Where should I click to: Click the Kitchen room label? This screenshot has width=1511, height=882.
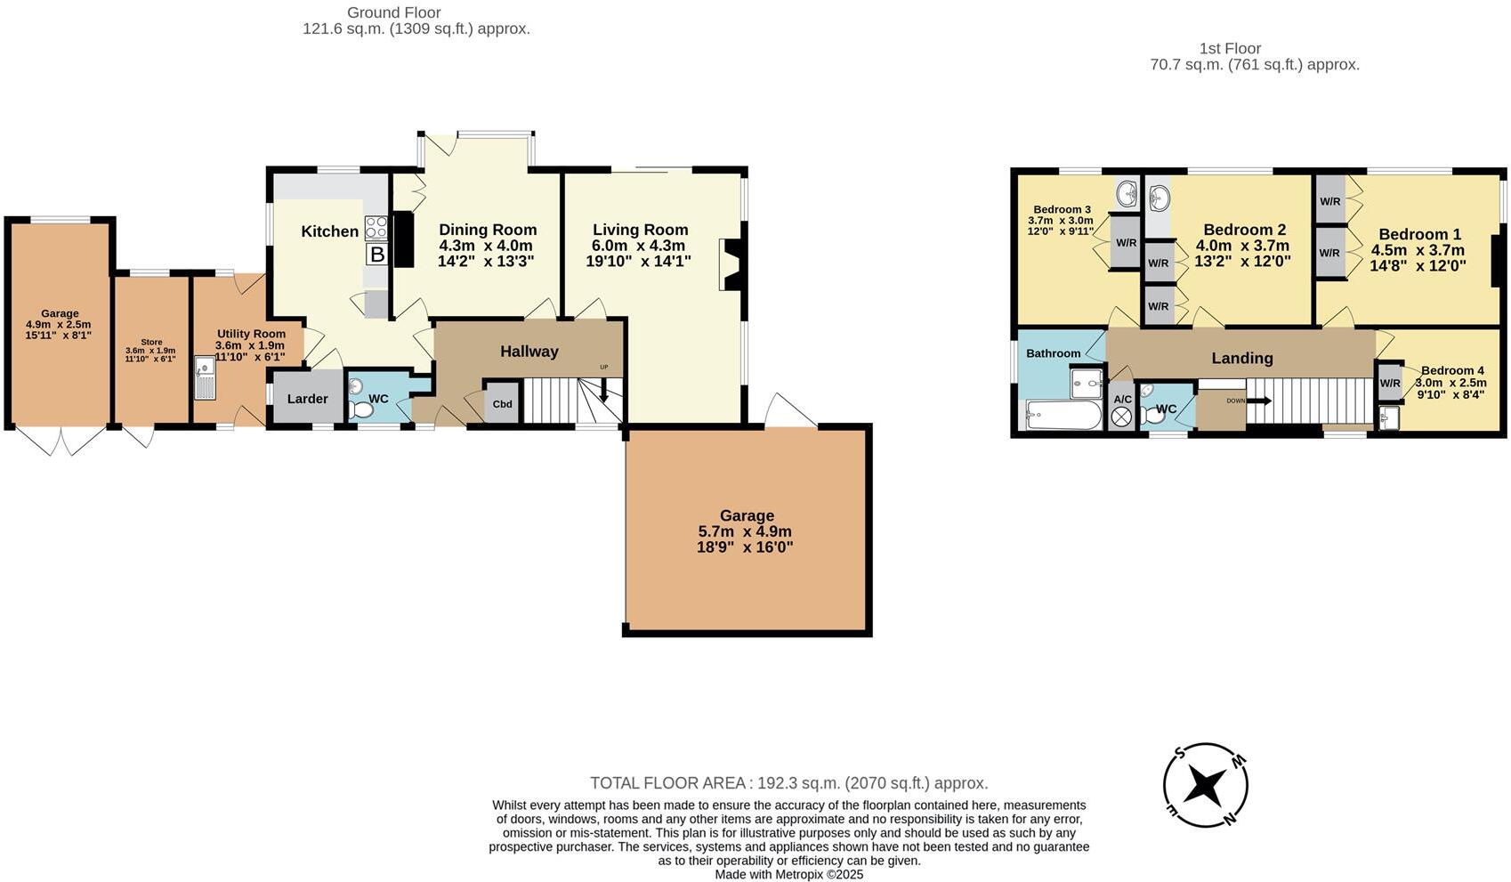click(x=329, y=231)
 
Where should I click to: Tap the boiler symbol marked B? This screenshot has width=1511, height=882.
click(x=377, y=255)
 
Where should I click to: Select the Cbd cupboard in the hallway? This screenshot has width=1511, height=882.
click(x=502, y=404)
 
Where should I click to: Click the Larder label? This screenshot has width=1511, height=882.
click(x=307, y=399)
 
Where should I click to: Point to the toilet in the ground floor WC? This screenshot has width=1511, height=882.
click(x=360, y=410)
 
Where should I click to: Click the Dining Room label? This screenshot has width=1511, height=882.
click(x=488, y=230)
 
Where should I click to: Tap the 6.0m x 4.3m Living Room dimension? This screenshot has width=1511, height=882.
click(x=638, y=246)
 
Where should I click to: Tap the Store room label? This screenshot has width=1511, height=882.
click(x=150, y=342)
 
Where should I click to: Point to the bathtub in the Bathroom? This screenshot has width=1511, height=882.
click(x=1063, y=415)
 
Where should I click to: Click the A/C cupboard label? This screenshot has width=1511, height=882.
click(x=1122, y=399)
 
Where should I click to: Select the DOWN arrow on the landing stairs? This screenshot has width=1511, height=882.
click(x=1260, y=401)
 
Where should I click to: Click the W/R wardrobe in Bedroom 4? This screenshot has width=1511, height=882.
click(x=1389, y=383)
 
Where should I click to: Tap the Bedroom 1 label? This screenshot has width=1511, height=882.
click(x=1419, y=235)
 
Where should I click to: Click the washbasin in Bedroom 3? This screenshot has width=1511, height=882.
click(x=1127, y=191)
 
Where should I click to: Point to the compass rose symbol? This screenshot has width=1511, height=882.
click(x=1206, y=785)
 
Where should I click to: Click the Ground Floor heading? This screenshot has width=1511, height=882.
click(x=393, y=12)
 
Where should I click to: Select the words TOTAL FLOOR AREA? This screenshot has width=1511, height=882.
click(x=667, y=783)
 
